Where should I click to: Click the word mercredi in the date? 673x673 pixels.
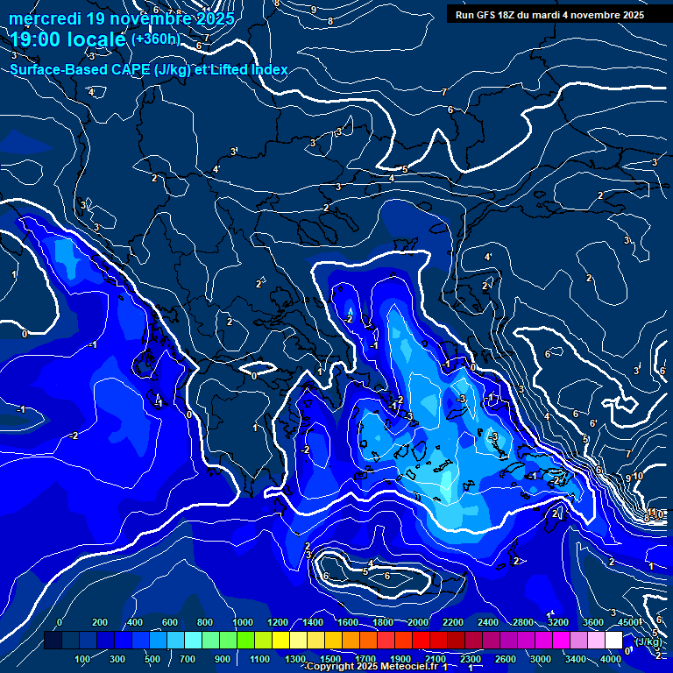click(45, 18)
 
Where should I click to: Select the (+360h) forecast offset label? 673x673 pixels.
click(155, 39)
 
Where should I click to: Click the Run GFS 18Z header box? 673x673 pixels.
click(549, 14)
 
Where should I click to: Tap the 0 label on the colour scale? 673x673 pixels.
click(60, 622)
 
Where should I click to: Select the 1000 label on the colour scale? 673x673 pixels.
click(241, 622)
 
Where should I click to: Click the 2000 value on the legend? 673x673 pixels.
click(417, 622)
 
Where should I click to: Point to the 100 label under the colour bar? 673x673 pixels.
click(82, 659)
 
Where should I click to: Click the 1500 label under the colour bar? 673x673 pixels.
click(330, 659)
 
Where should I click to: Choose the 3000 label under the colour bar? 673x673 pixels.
click(541, 659)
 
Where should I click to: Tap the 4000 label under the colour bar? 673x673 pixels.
click(612, 659)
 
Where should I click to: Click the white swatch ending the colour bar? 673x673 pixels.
click(613, 641)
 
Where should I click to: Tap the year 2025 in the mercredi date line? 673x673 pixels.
click(215, 18)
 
